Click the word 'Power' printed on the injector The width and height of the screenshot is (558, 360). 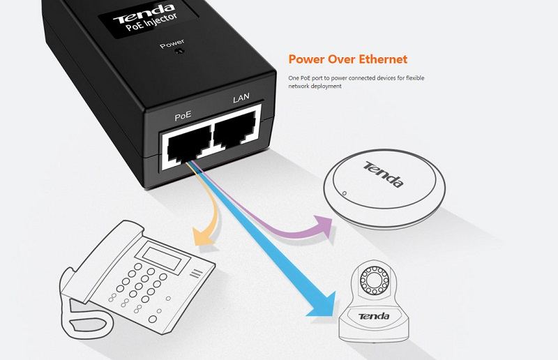172,45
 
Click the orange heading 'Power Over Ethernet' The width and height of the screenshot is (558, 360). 347,59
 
